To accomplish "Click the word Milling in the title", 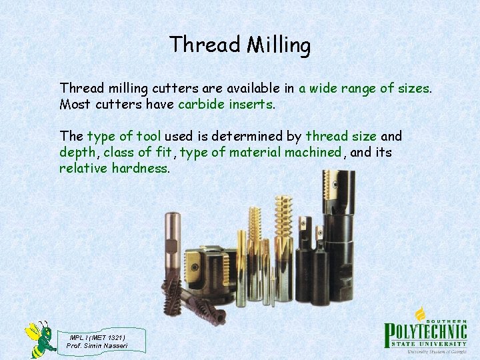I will click(x=279, y=45).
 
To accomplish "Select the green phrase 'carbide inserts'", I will click(x=225, y=104).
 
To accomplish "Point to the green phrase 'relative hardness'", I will click(x=113, y=168).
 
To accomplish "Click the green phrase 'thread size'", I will click(x=341, y=136).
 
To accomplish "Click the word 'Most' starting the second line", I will click(x=75, y=104).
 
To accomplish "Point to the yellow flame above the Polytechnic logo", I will click(x=421, y=313).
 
